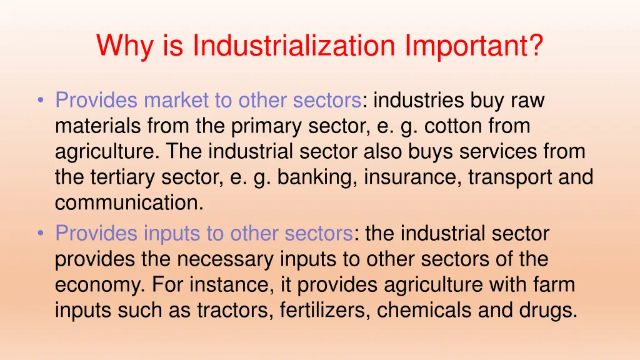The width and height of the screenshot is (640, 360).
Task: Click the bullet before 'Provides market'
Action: pos(41,100)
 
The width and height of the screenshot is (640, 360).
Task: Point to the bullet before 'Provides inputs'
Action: pos(41,234)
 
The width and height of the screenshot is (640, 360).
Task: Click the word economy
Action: pos(101,286)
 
